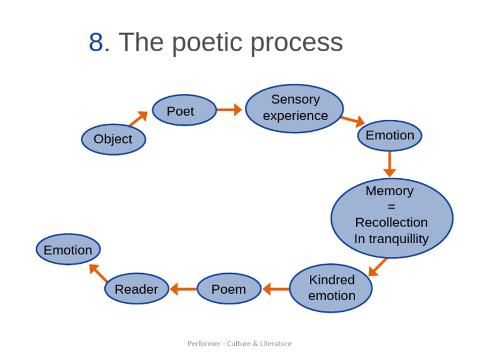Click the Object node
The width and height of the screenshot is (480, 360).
[x=113, y=139]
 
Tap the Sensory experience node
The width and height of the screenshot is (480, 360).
[x=294, y=108]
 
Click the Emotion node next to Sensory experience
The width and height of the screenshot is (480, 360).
[x=389, y=136]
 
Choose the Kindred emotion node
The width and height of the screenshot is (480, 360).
[x=331, y=288]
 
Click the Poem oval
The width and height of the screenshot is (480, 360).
[x=229, y=289]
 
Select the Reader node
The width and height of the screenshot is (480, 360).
[x=136, y=289]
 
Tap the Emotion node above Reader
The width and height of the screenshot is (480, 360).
[x=68, y=250]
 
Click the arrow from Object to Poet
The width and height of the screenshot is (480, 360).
[x=139, y=119]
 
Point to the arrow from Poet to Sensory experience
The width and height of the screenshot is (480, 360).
[x=229, y=110]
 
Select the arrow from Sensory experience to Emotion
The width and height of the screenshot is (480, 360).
[x=352, y=121]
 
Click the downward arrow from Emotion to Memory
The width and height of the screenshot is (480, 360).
[x=389, y=164]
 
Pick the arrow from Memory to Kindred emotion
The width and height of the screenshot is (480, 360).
[x=377, y=267]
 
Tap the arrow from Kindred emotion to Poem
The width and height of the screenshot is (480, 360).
[x=276, y=289]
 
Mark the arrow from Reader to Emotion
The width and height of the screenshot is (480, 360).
[x=99, y=272]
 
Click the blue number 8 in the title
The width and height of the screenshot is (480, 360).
[x=99, y=42]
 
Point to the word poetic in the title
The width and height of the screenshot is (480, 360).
[x=207, y=42]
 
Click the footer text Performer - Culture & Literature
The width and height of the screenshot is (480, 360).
[x=239, y=343]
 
